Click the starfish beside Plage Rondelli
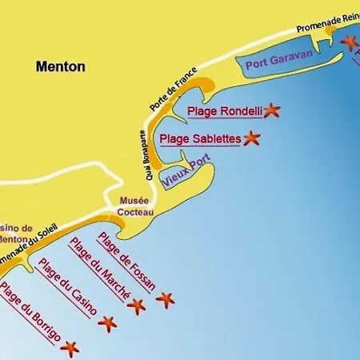tap(272, 110)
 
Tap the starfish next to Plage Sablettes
tap(252, 138)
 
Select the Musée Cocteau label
tap(134, 206)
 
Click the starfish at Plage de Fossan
tap(165, 300)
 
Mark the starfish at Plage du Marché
tap(137, 306)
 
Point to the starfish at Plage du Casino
tap(106, 323)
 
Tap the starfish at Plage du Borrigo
tap(70, 348)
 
